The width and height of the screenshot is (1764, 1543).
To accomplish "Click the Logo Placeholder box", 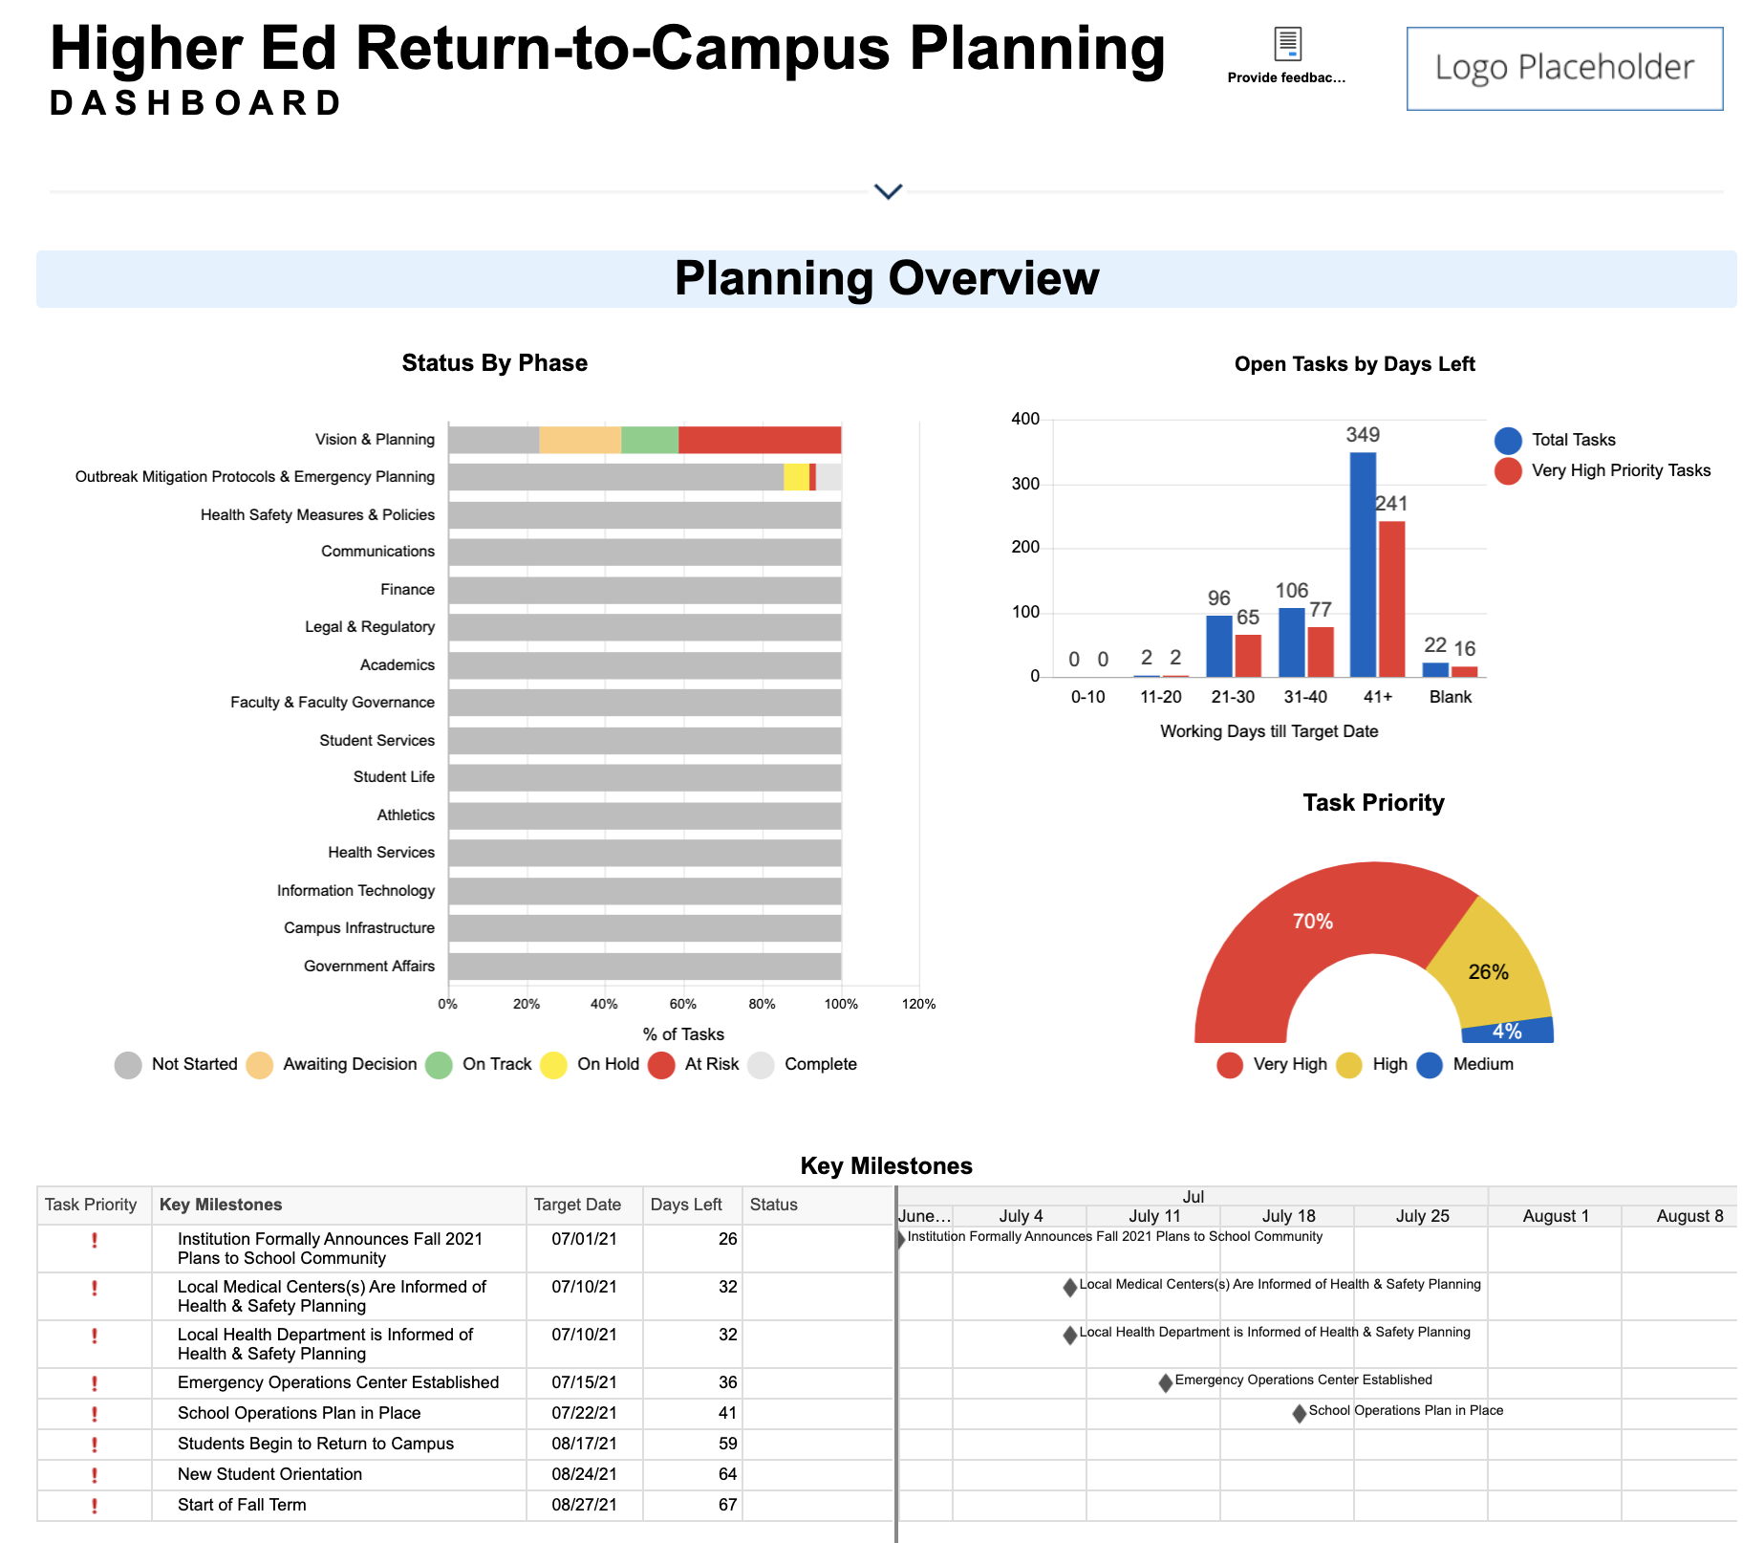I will tap(1564, 69).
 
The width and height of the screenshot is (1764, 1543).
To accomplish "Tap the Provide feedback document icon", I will tap(1287, 44).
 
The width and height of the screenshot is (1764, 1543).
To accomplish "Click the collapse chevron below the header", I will tap(888, 192).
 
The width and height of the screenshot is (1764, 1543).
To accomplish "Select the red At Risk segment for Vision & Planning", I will tap(760, 440).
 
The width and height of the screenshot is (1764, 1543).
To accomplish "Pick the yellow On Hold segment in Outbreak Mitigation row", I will tap(796, 477).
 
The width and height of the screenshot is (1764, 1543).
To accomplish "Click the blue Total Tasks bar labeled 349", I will tap(1363, 564).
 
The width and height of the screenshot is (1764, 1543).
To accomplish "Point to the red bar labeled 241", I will tap(1392, 598).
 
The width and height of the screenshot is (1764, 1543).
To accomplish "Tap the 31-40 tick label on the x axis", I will tap(1305, 697).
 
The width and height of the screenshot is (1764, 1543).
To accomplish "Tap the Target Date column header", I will tap(577, 1205).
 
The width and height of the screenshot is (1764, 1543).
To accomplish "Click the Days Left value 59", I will tap(727, 1444).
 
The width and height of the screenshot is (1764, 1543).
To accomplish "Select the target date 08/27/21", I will tap(584, 1505).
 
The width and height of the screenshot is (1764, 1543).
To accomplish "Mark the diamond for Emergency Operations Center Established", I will tap(1165, 1382).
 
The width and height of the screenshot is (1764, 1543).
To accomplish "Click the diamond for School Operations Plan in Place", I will tap(1299, 1413).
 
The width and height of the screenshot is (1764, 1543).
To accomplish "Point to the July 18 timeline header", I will tap(1288, 1216).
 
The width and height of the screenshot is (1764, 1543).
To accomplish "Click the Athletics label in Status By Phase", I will tap(405, 815).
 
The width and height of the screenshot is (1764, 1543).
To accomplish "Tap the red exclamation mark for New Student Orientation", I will tap(95, 1475).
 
